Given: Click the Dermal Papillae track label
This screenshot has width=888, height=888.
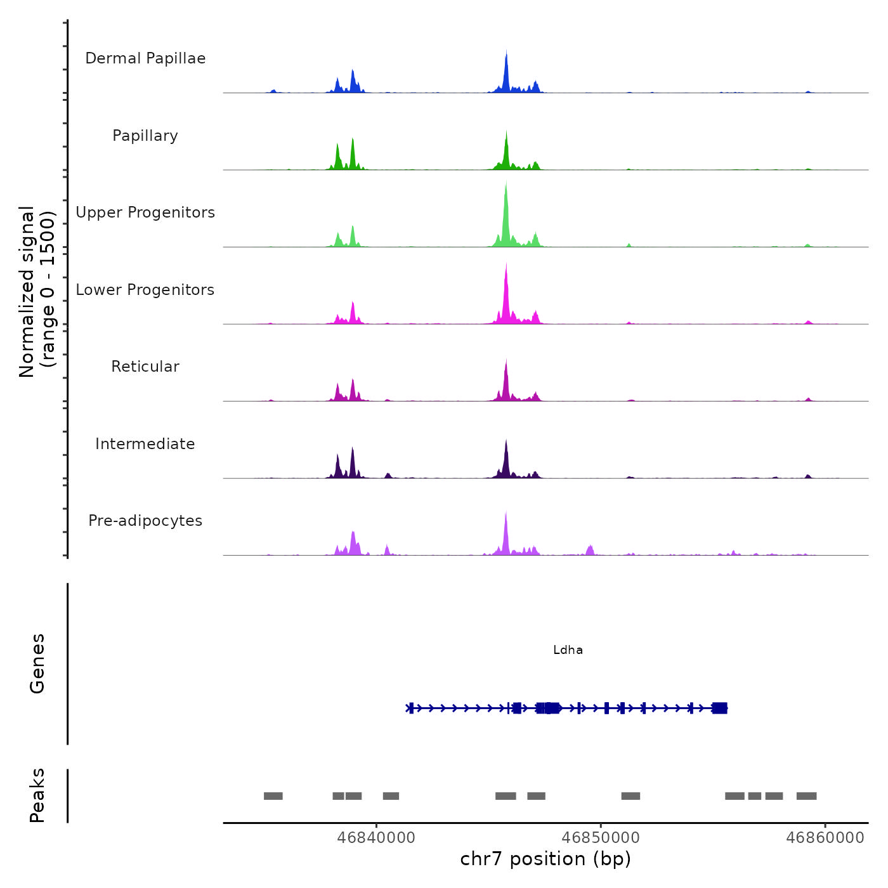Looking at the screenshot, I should [x=145, y=58].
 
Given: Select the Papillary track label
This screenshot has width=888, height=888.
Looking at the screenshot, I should [x=145, y=136].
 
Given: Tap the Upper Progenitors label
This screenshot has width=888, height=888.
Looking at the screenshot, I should [x=145, y=212].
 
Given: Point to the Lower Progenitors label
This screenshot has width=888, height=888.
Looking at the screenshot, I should [x=145, y=290].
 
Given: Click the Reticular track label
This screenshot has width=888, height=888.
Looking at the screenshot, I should [x=145, y=367].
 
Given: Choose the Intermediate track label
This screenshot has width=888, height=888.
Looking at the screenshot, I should [x=145, y=444].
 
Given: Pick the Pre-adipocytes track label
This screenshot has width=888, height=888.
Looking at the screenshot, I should [x=145, y=521].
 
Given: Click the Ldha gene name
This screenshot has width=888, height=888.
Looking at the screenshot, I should [x=568, y=650].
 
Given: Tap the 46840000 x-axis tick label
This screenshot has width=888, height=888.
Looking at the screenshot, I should [x=377, y=838].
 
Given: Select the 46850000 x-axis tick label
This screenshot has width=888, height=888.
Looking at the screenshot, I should [x=601, y=838].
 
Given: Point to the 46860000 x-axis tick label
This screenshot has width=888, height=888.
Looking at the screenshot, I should [x=825, y=838].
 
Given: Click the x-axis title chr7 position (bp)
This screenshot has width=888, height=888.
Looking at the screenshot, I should [x=545, y=859].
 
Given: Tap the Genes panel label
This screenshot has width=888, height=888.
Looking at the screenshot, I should [x=37, y=663].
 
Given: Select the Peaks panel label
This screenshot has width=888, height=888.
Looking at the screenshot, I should [x=37, y=795].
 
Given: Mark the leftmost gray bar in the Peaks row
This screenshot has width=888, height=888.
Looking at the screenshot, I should [x=273, y=796].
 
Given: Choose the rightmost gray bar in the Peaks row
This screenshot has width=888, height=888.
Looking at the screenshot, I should [x=806, y=796].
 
